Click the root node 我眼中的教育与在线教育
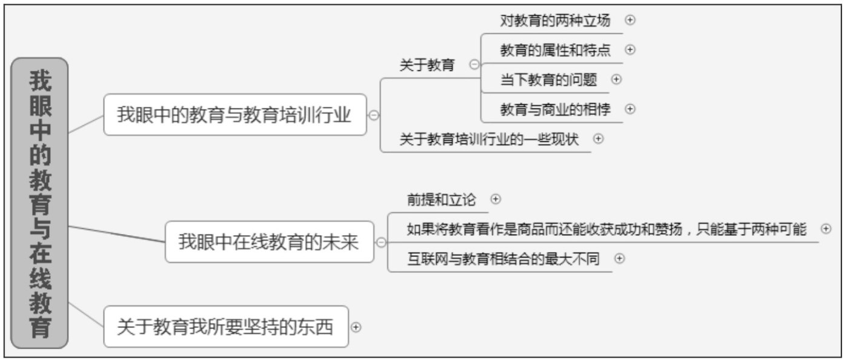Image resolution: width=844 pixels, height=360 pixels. [40, 203]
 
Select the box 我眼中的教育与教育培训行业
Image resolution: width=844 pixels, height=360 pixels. [234, 115]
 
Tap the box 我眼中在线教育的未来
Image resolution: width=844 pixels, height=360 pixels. [269, 242]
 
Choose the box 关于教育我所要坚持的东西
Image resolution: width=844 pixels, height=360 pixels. [225, 327]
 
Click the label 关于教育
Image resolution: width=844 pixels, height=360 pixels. [427, 65]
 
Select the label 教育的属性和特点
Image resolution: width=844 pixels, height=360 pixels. [555, 50]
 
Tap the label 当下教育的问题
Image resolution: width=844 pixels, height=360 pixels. [548, 79]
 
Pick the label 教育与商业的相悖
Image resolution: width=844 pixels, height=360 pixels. [555, 109]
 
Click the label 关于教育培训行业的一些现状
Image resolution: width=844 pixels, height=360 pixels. [489, 139]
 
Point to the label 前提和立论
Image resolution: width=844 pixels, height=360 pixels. [441, 199]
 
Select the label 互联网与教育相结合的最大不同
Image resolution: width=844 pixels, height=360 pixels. [503, 259]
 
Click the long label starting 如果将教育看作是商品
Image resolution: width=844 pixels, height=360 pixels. [606, 229]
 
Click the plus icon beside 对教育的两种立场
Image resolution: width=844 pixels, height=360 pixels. [630, 20]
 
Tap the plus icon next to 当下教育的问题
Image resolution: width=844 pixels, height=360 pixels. [617, 79]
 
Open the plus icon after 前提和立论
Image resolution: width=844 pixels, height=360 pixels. [496, 199]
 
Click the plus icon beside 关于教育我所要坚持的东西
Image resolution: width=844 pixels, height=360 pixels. [356, 327]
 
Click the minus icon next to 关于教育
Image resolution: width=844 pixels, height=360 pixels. [474, 65]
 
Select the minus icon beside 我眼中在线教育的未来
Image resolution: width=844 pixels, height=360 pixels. [381, 242]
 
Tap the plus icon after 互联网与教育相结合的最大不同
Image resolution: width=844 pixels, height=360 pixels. [619, 259]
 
